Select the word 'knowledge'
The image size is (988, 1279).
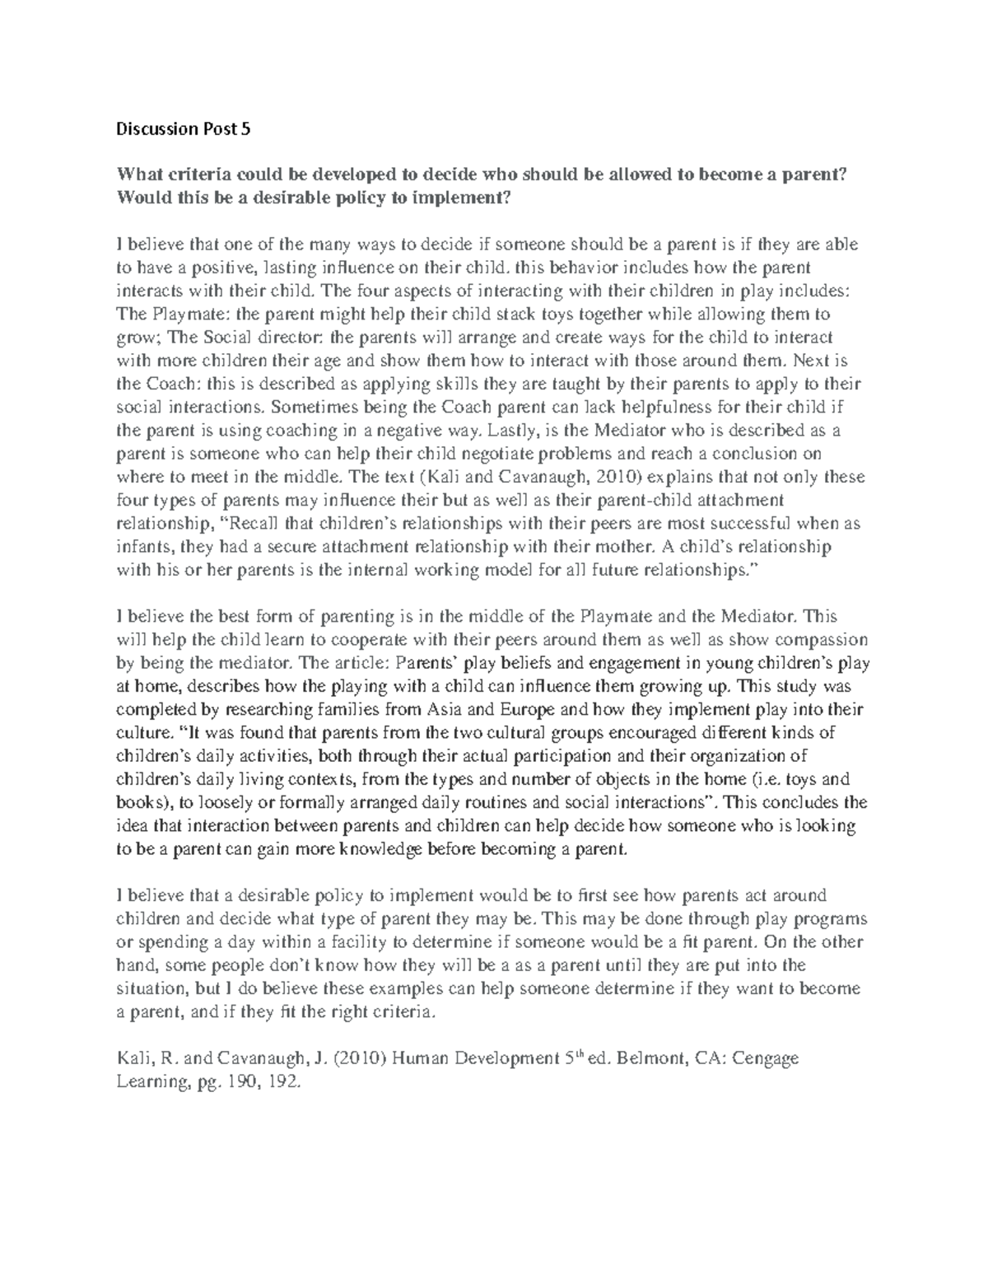[x=369, y=849]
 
